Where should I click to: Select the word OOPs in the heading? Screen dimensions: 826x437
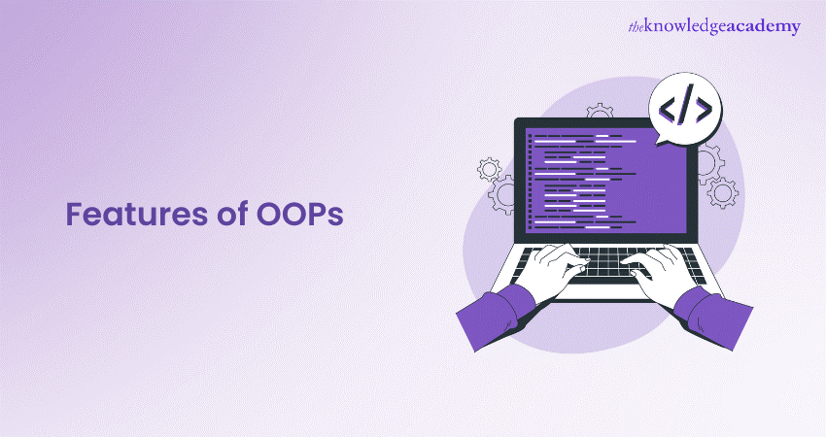(299, 215)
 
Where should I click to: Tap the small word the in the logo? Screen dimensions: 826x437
(636, 27)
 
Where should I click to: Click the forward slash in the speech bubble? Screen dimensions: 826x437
(686, 110)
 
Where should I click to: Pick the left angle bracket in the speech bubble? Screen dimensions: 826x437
(669, 110)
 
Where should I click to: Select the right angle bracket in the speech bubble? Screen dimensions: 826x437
(704, 110)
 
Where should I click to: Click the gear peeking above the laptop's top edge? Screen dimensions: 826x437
(600, 111)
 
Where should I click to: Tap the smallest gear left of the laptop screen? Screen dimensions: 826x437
(490, 170)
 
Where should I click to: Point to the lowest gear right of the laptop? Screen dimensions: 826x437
(722, 192)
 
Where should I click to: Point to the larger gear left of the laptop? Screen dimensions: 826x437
(502, 194)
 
